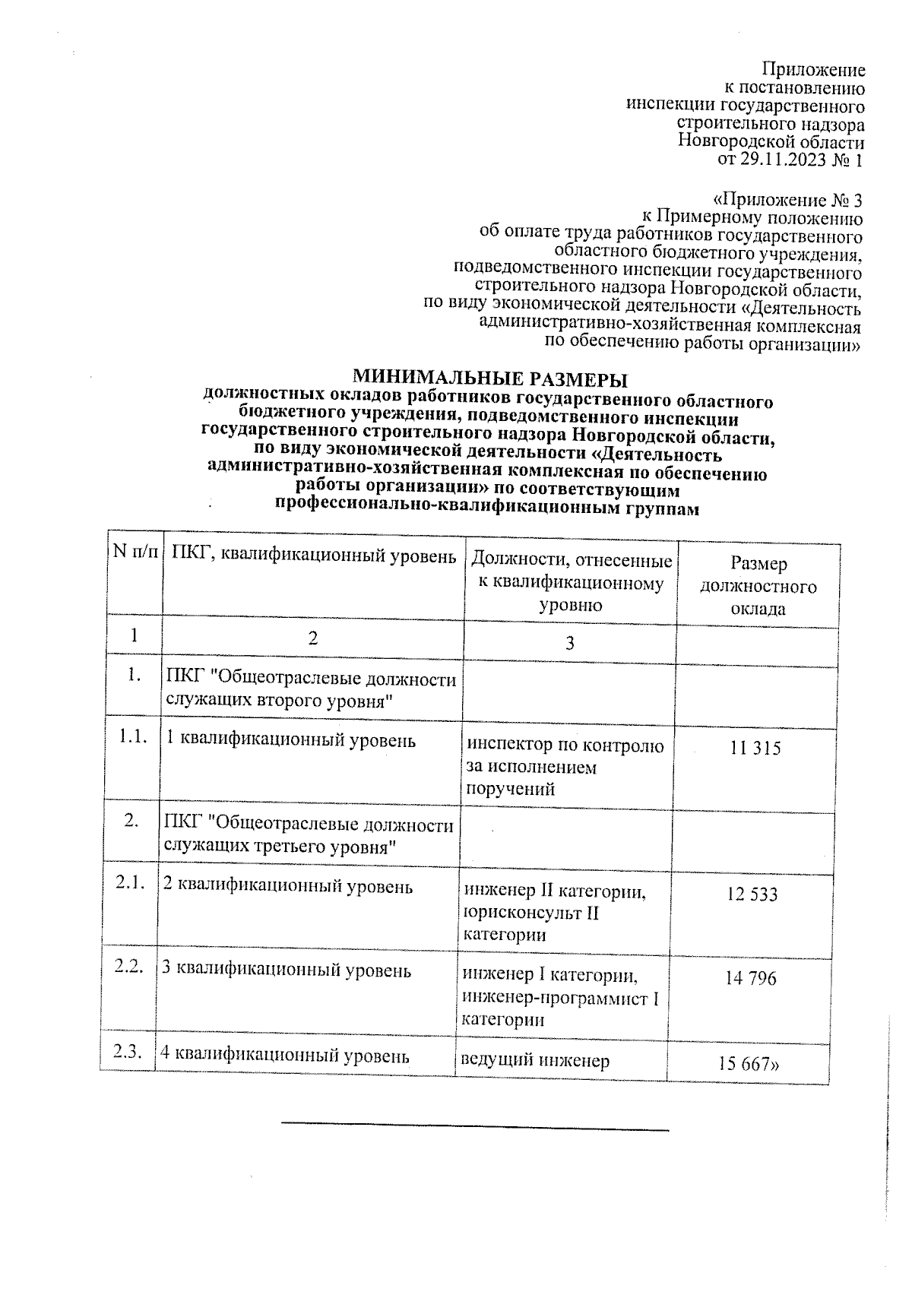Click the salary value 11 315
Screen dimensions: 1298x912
[x=755, y=749]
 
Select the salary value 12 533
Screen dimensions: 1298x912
[x=752, y=894]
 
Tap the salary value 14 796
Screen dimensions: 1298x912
[x=751, y=978]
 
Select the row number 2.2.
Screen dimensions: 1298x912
[x=128, y=967]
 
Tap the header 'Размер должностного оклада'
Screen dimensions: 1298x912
[x=758, y=586]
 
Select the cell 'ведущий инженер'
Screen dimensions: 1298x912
[x=536, y=1060]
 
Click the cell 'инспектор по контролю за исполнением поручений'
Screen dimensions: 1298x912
[x=565, y=767]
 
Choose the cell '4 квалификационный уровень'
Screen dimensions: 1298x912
[x=285, y=1056]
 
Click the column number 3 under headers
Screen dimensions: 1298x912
[x=569, y=644]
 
